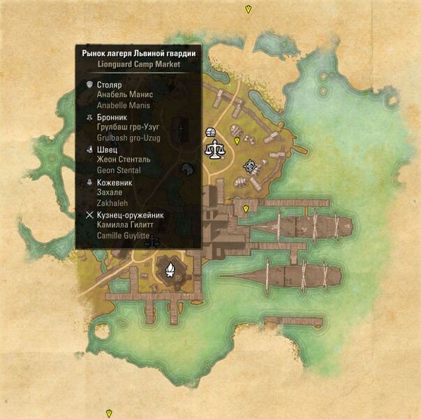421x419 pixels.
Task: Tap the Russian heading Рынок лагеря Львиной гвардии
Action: (138, 53)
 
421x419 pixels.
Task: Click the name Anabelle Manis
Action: (124, 105)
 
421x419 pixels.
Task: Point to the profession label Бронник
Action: (113, 117)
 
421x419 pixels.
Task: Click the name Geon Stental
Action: (119, 170)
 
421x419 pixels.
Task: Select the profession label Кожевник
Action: (115, 182)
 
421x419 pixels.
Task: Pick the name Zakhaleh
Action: (112, 203)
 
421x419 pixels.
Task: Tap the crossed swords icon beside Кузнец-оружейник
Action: (89, 215)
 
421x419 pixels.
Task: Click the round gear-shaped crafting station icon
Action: (249, 166)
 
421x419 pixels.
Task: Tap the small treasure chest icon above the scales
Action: (211, 133)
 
